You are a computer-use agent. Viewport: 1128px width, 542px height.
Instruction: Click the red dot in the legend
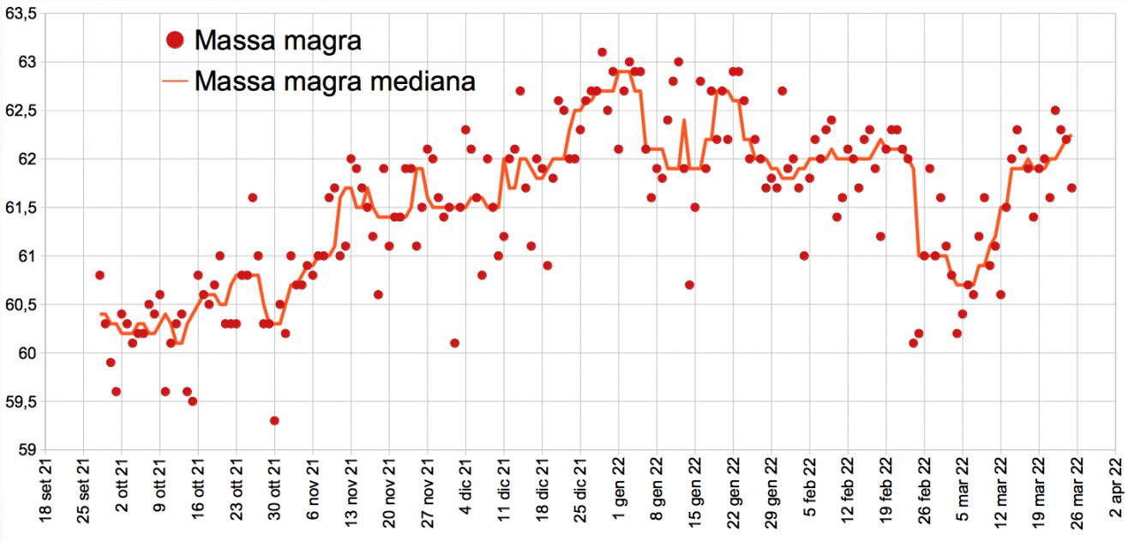pyautogui.click(x=174, y=39)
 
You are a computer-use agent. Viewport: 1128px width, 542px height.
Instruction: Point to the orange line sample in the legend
pyautogui.click(x=174, y=81)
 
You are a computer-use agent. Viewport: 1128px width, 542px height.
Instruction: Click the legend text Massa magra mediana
pyautogui.click(x=335, y=81)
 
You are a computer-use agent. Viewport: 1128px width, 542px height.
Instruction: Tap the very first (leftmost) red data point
pyautogui.click(x=99, y=275)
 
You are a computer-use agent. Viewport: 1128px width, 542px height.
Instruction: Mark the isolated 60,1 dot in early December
pyautogui.click(x=454, y=343)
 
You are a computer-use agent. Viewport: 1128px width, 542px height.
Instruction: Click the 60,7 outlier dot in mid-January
pyautogui.click(x=689, y=285)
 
